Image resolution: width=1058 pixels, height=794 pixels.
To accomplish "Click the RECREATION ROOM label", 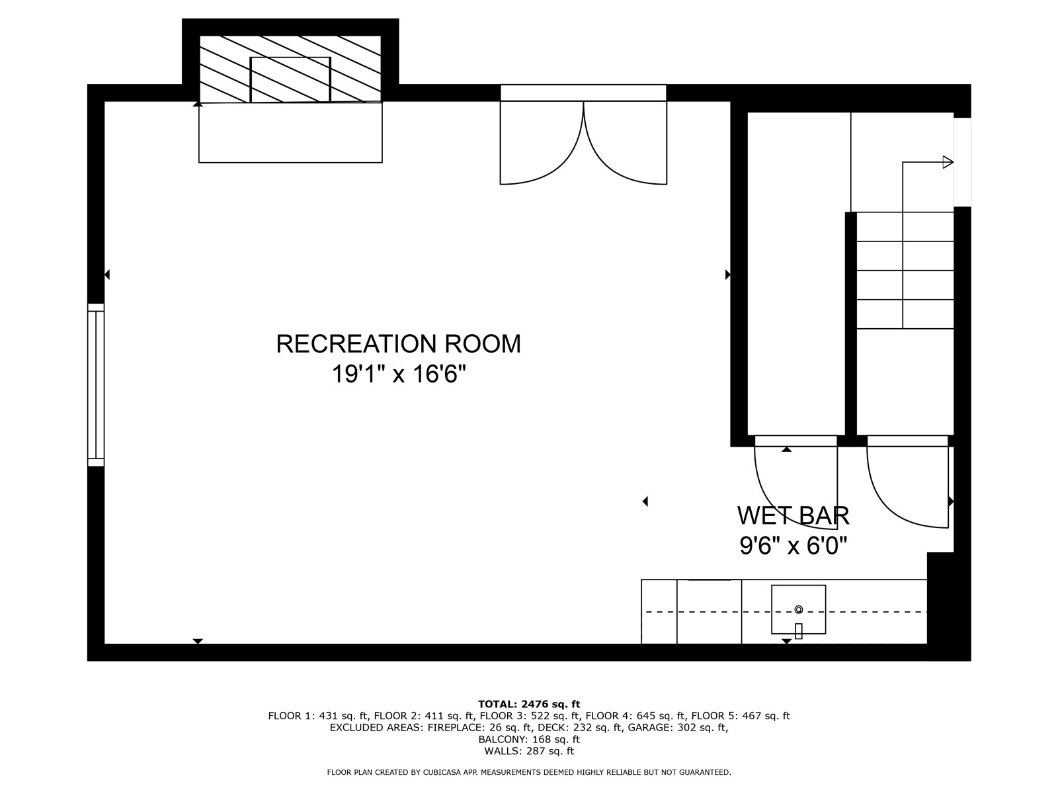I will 398,344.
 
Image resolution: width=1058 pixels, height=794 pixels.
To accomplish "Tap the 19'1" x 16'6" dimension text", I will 399,375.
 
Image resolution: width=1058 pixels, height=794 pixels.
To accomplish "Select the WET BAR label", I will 793,515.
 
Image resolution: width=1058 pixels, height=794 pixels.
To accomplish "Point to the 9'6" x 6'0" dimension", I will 793,546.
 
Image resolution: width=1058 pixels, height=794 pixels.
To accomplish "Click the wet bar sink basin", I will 798,609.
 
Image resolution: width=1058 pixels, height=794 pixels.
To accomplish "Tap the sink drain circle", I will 798,609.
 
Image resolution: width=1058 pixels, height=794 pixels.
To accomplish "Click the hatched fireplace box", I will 290,69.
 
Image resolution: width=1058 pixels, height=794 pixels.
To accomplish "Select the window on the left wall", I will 96,384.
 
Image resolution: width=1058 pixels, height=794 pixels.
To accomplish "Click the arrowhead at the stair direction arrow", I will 948,162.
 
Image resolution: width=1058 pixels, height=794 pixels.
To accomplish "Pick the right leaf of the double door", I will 625,142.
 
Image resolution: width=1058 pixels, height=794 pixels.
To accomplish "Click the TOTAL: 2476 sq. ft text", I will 528,704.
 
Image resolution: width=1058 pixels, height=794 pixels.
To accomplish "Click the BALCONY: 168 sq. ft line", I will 528,739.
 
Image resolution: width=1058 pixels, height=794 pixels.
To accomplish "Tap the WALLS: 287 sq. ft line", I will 528,751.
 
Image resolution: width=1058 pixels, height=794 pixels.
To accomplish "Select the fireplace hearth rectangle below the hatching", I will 290,132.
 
